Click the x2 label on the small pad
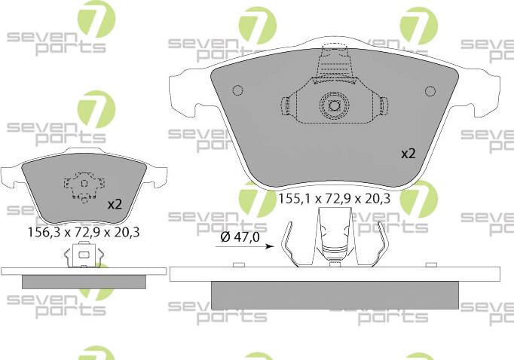point(115,204)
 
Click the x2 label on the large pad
point(408,153)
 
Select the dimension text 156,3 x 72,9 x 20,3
point(84,233)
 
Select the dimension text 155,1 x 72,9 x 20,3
point(334,200)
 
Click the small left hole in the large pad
point(237,91)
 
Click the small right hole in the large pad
point(430,91)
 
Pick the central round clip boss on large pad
point(332,104)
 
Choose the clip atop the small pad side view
point(82,258)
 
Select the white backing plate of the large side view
point(334,273)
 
